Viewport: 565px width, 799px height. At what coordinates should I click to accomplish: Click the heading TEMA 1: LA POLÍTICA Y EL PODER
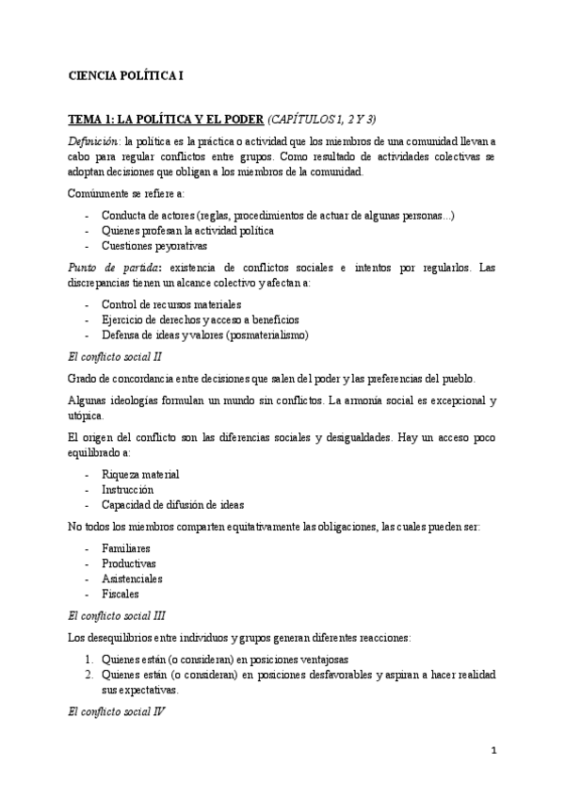point(166,120)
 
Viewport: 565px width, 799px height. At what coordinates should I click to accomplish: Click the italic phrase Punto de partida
point(105,269)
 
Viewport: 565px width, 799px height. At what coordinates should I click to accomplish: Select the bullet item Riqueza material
point(140,474)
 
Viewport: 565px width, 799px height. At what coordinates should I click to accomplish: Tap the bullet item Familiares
point(127,547)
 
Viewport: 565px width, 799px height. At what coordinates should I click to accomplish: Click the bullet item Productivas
point(129,563)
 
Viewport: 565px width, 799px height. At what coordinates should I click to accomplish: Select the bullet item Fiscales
point(121,594)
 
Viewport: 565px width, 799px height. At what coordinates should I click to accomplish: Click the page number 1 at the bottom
point(492,751)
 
